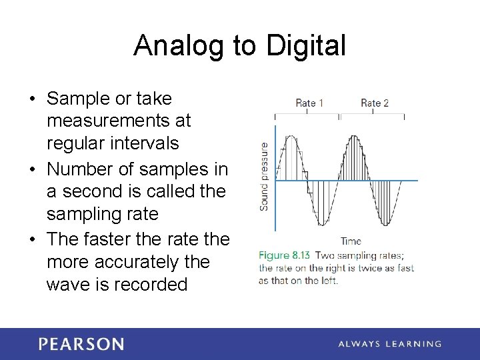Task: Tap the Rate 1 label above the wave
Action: point(309,103)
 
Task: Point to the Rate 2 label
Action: point(374,103)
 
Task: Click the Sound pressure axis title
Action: point(264,176)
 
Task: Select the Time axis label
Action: point(351,241)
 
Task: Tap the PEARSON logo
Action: point(81,344)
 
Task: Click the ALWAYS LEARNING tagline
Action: point(389,344)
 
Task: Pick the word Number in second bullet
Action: point(81,169)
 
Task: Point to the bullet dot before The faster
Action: point(33,239)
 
